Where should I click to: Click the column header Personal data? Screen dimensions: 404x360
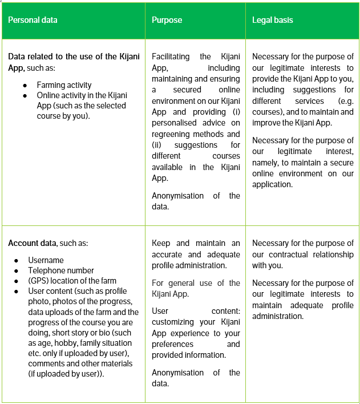click(x=33, y=20)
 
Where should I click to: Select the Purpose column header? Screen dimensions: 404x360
click(x=167, y=20)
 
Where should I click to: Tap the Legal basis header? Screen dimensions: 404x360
click(x=272, y=20)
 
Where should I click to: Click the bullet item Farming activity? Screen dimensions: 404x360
click(x=64, y=85)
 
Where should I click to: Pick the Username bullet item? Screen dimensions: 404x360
click(x=46, y=260)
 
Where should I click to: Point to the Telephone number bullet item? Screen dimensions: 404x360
click(x=61, y=270)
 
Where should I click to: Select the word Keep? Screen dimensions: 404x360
click(x=161, y=243)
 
